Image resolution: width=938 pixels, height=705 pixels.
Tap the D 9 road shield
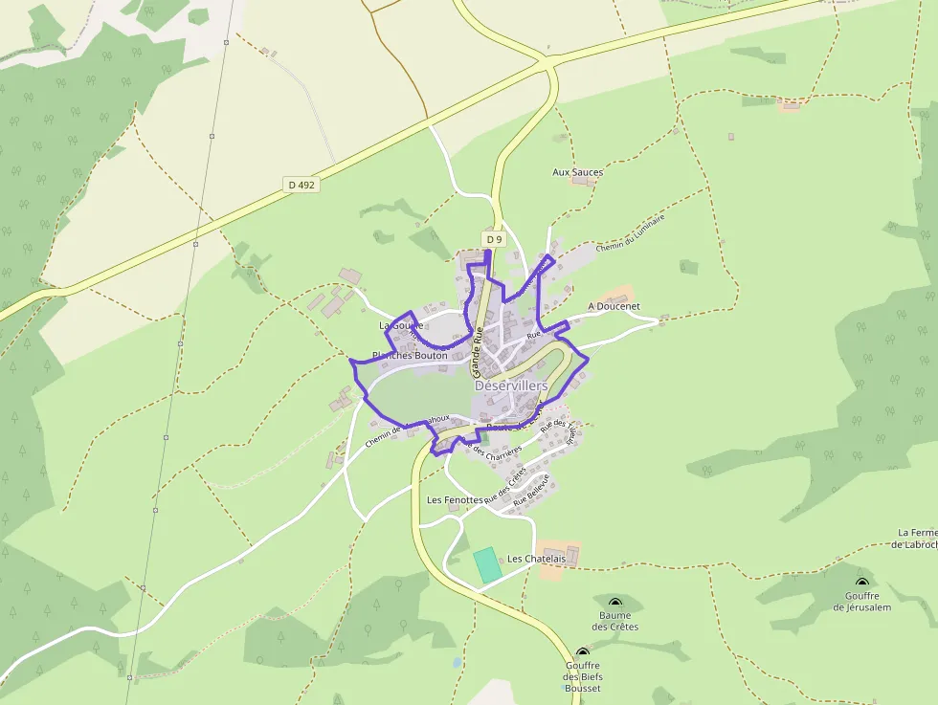pyautogui.click(x=493, y=239)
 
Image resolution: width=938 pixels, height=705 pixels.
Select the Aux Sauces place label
pyautogui.click(x=578, y=172)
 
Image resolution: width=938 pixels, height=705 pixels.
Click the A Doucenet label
pyautogui.click(x=614, y=306)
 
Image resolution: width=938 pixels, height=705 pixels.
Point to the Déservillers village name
pyautogui.click(x=511, y=386)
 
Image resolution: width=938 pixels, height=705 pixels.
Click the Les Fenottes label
pyautogui.click(x=455, y=500)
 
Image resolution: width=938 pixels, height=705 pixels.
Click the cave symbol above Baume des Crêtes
pyautogui.click(x=614, y=601)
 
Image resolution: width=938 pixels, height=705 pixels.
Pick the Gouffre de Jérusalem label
pyautogui.click(x=861, y=602)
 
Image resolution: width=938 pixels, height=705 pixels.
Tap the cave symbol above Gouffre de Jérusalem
pyautogui.click(x=861, y=582)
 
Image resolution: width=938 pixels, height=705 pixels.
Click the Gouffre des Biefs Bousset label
pyautogui.click(x=583, y=676)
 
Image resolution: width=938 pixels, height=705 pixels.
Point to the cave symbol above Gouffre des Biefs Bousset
pyautogui.click(x=582, y=653)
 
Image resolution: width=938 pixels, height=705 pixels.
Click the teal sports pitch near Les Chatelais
pyautogui.click(x=488, y=564)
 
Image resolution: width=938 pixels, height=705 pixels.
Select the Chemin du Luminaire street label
pyautogui.click(x=630, y=232)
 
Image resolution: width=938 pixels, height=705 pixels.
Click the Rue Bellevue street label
pyautogui.click(x=532, y=490)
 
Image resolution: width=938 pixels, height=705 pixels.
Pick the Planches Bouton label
pyautogui.click(x=410, y=355)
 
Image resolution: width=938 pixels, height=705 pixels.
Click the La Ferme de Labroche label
pyautogui.click(x=917, y=539)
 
